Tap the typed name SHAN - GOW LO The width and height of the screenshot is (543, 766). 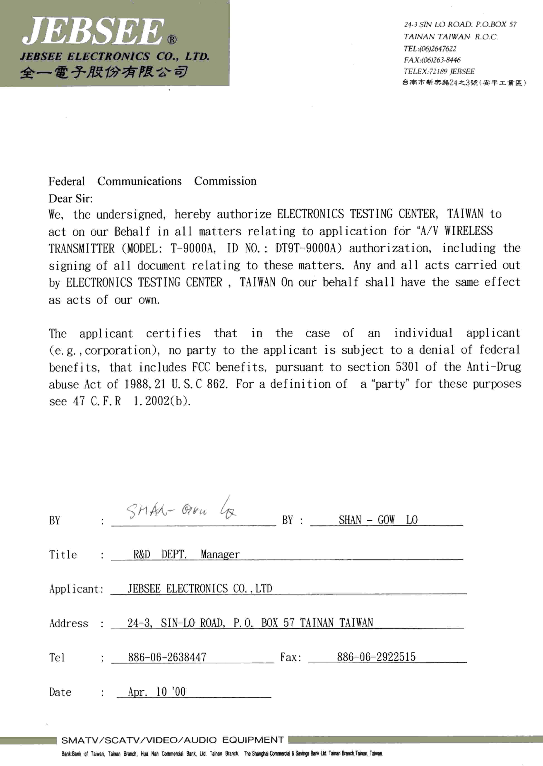(378, 520)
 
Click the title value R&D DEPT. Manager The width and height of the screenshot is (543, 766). (186, 555)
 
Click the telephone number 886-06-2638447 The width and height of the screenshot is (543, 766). (167, 657)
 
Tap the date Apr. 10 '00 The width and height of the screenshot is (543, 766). (156, 692)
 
